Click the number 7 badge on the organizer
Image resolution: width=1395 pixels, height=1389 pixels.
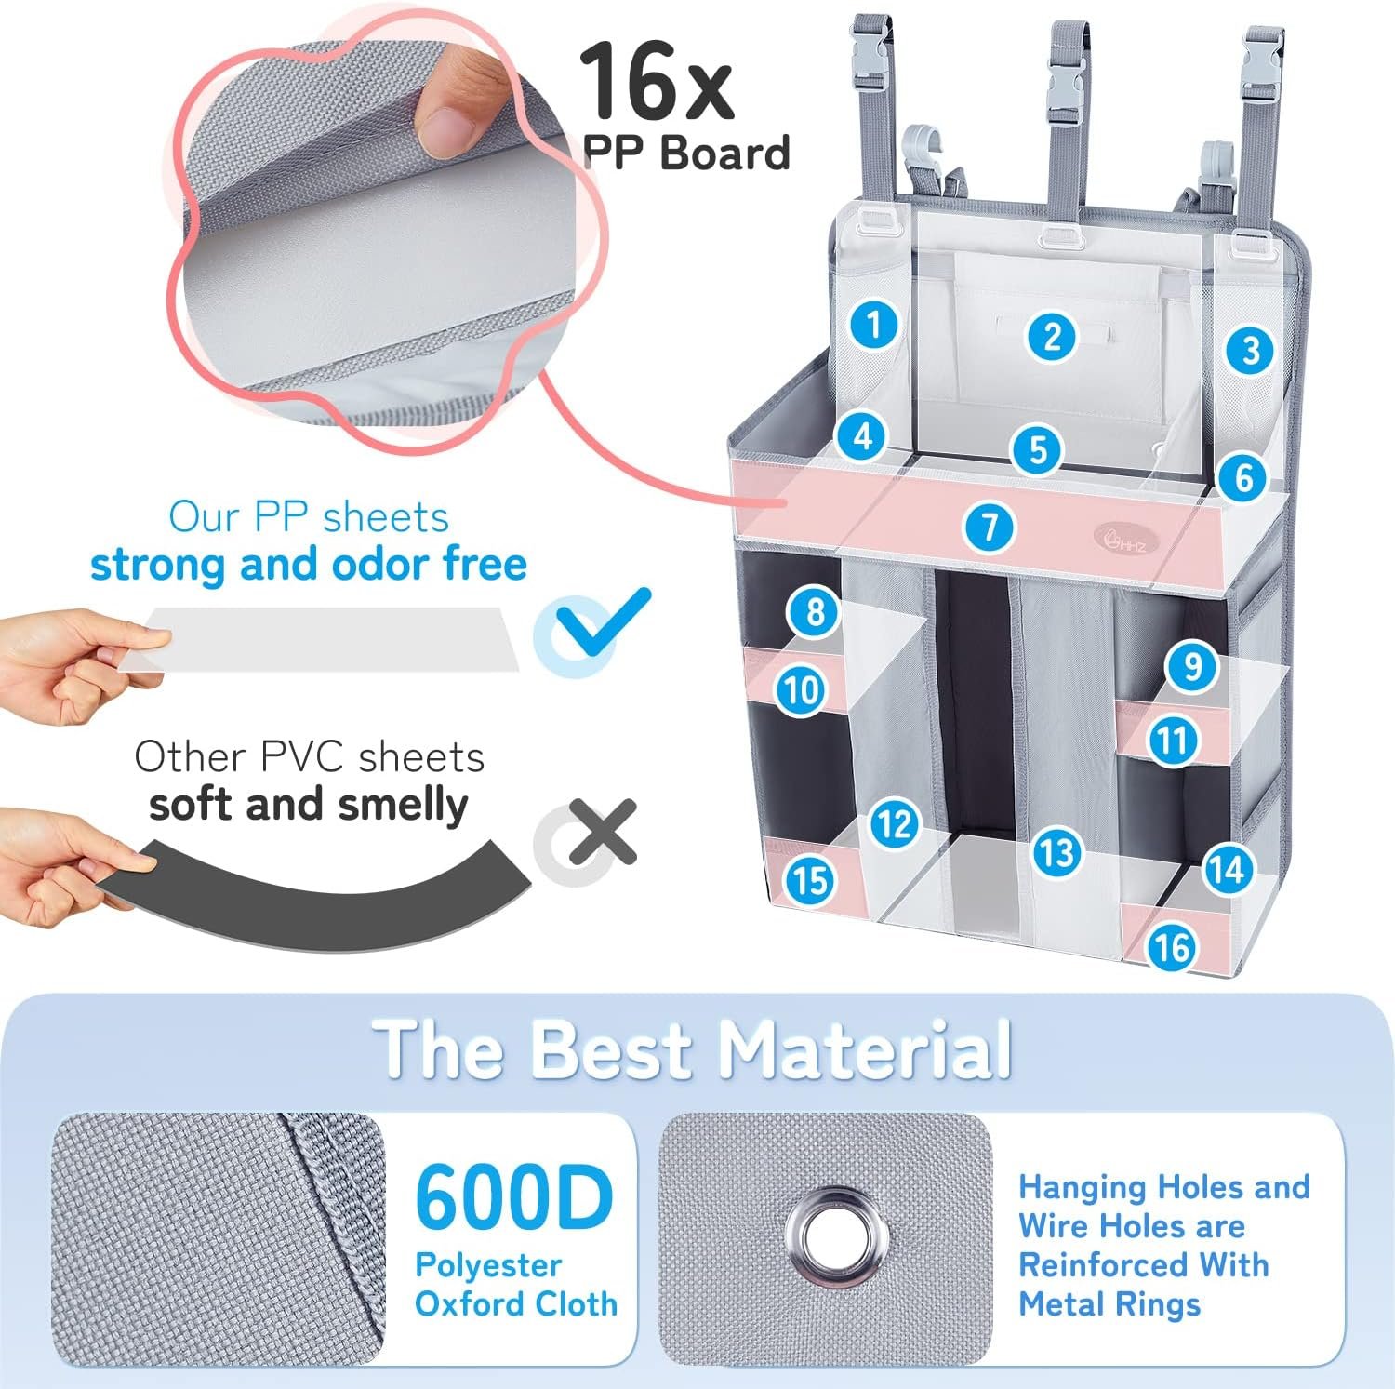[990, 528]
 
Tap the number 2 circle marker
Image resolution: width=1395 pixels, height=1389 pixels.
[1052, 336]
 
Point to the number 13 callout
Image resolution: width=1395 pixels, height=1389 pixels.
[1056, 852]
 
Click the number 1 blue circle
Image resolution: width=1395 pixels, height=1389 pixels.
[873, 324]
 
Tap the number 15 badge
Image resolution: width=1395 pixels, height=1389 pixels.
[810, 880]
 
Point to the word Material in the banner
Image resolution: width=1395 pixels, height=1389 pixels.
[865, 1049]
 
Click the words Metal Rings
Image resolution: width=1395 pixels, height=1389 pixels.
[1109, 1305]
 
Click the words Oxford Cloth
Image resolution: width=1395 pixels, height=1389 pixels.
[516, 1304]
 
